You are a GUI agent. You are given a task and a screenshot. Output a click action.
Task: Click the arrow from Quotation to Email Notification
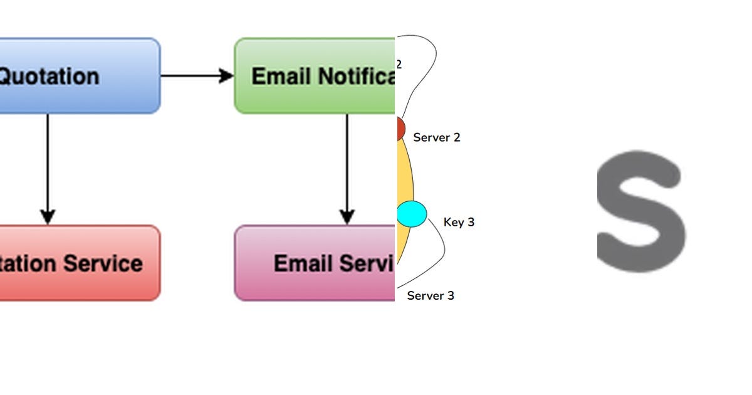tap(197, 76)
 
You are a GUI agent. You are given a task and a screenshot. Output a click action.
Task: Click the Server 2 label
tap(437, 137)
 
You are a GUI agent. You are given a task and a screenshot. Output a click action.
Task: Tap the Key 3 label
tap(459, 222)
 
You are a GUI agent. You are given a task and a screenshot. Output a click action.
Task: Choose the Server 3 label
tap(431, 295)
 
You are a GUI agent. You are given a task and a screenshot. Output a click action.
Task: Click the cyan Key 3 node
tap(412, 213)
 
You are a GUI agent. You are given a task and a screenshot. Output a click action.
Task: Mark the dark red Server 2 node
tap(400, 129)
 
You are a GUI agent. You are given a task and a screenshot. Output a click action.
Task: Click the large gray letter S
tap(639, 211)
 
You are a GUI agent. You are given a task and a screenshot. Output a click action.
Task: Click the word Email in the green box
tap(281, 76)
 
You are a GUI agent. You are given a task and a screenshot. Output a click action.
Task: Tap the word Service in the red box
tap(106, 263)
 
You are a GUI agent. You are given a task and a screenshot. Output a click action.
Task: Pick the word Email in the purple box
tap(303, 263)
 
